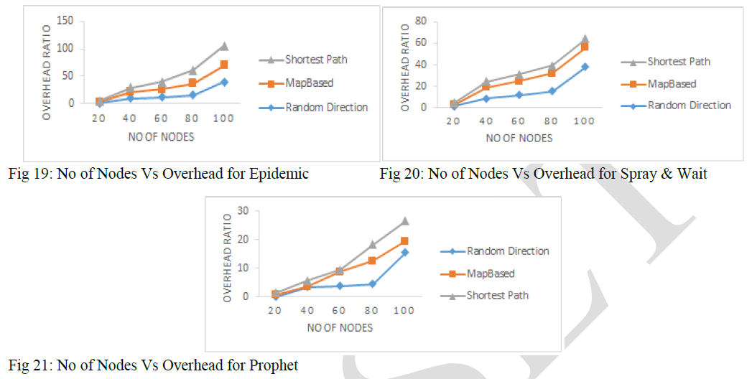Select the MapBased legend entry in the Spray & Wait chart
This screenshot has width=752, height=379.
coord(672,83)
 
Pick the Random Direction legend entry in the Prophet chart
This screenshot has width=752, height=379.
coord(507,251)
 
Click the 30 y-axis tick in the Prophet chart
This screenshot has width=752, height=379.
coord(251,211)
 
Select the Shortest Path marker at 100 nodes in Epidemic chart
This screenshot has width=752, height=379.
coord(223,46)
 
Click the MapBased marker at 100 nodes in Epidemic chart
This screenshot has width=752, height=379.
coord(224,65)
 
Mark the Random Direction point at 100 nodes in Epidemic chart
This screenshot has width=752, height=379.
coord(224,82)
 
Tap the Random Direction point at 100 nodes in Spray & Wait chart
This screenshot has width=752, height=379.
coord(585,66)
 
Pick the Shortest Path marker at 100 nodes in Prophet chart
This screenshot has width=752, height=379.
coord(404,221)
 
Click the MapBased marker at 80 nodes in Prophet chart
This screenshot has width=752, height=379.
coord(372,261)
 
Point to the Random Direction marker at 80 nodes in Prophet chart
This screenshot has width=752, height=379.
coord(372,284)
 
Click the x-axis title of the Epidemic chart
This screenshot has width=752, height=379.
coord(161,136)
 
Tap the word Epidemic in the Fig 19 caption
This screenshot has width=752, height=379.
coord(282,174)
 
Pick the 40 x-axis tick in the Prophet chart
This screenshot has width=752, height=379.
coord(307,309)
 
